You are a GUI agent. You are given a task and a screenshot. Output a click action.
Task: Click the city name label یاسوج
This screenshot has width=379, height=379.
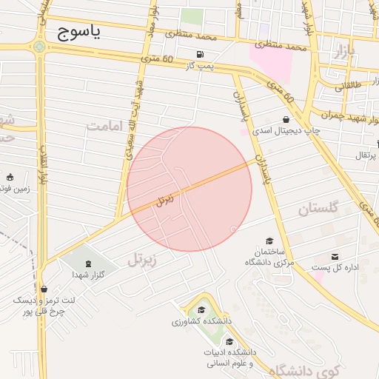(x=78, y=33)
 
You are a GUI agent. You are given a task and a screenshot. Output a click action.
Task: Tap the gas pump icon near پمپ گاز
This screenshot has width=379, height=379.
(x=201, y=55)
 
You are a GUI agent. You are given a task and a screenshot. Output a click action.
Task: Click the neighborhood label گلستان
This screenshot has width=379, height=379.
(x=318, y=209)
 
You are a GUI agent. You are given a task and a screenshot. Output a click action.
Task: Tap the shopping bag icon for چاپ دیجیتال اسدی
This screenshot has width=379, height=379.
(x=286, y=119)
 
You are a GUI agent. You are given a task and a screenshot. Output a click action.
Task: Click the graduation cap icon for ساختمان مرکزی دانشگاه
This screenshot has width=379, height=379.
(x=269, y=241)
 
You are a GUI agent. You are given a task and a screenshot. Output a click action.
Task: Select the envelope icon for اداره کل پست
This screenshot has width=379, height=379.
(x=345, y=256)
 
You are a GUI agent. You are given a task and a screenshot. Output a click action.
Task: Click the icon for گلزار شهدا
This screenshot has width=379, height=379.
(x=88, y=264)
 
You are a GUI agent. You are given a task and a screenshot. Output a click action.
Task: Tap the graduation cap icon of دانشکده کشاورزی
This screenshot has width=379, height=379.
(x=201, y=310)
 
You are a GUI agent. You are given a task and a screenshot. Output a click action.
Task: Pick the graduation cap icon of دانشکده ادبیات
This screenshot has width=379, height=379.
(x=229, y=341)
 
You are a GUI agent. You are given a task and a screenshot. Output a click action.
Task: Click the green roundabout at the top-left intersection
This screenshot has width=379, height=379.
(x=38, y=46)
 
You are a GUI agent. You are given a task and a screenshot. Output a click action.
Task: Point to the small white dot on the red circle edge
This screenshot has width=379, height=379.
(x=234, y=229)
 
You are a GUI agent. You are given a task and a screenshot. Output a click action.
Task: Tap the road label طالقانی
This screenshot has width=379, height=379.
(x=349, y=87)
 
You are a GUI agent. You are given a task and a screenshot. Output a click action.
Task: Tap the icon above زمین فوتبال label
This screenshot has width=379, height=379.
(x=10, y=177)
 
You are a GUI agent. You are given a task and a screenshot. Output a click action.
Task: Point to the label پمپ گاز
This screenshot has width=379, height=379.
(x=198, y=67)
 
